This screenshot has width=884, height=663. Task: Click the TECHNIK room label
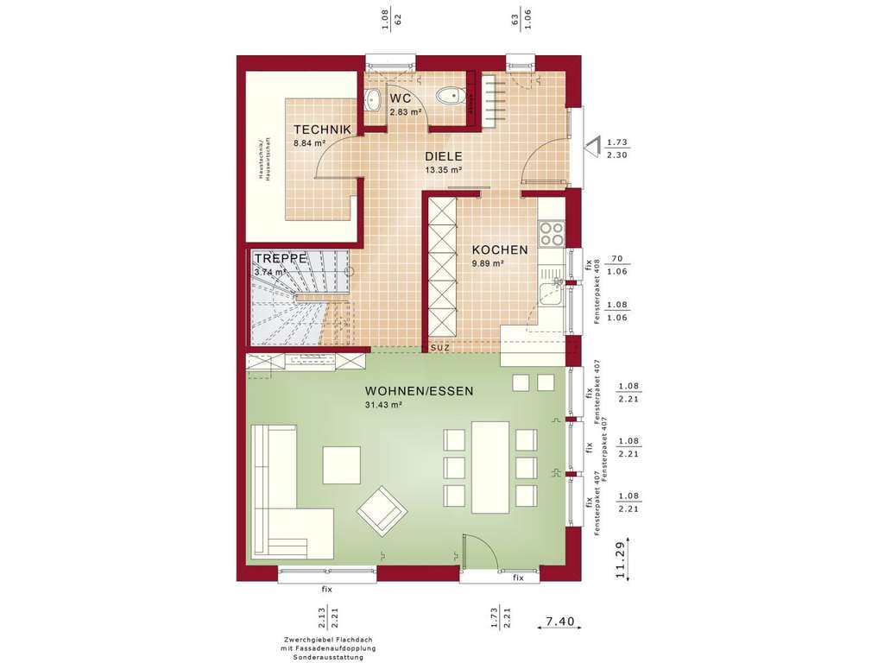[x=321, y=129]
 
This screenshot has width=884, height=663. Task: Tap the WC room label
[x=400, y=98]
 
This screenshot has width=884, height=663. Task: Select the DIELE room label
[x=443, y=157]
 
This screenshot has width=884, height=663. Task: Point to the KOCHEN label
[x=499, y=250]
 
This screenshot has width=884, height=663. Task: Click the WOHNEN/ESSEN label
[x=420, y=391]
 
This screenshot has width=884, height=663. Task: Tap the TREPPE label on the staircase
[x=280, y=257]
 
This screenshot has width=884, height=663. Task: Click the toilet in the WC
[x=448, y=96]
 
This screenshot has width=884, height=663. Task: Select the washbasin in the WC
[x=372, y=100]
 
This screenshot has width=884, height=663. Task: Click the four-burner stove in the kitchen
[x=551, y=234]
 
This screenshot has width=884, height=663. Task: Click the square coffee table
[x=342, y=464]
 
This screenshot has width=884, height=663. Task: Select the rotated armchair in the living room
[x=381, y=509]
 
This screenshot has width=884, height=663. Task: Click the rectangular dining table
[x=490, y=466]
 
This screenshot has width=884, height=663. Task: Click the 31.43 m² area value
[x=384, y=405]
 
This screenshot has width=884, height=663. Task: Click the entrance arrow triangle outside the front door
[x=592, y=148]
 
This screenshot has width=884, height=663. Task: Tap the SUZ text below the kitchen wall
[x=440, y=347]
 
